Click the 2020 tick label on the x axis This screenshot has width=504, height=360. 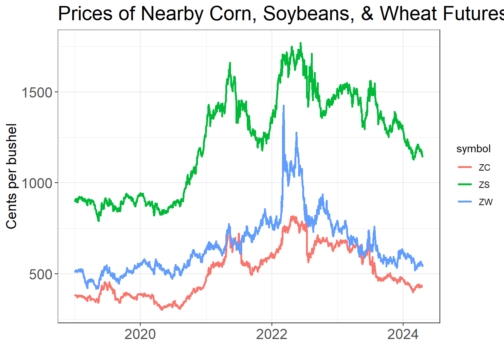(140, 334)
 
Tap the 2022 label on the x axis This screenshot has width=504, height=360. (271, 334)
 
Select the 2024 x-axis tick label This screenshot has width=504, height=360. (403, 334)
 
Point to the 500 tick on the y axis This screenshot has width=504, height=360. (40, 274)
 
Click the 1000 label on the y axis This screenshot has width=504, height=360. (36, 183)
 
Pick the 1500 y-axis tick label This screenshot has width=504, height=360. (36, 92)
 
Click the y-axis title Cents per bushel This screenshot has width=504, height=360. (12, 176)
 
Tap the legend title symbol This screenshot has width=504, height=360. (473, 149)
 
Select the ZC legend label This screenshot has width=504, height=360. (484, 168)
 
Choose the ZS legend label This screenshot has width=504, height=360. (484, 185)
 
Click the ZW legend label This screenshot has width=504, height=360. (486, 202)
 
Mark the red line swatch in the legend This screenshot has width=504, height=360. (465, 167)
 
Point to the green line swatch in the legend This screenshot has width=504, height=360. (465, 184)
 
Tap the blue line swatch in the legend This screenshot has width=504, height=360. (465, 202)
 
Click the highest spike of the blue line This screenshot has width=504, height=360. (283, 106)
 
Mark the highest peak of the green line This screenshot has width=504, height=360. (300, 43)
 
